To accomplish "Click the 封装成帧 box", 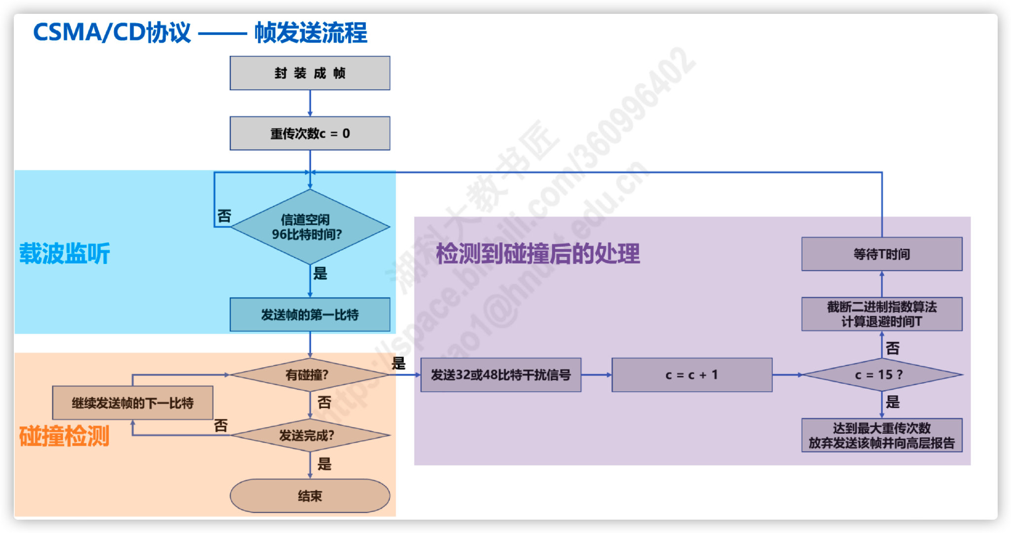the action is pyautogui.click(x=310, y=73).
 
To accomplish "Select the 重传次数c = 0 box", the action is pyautogui.click(x=310, y=133).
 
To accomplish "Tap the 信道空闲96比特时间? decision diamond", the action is pyautogui.click(x=310, y=227).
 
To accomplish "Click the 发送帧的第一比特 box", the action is pyautogui.click(x=310, y=314).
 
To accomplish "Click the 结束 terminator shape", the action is pyautogui.click(x=310, y=495).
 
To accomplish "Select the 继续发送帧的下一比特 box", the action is pyautogui.click(x=133, y=403).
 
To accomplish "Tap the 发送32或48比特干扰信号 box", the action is pyautogui.click(x=501, y=375).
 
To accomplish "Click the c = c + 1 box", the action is pyautogui.click(x=691, y=375).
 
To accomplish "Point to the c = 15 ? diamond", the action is pyautogui.click(x=881, y=375).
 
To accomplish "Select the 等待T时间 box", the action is pyautogui.click(x=881, y=254).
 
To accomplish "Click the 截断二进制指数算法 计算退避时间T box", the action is pyautogui.click(x=881, y=314).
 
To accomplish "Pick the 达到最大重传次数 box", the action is pyautogui.click(x=881, y=435).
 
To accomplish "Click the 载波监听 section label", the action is pyautogui.click(x=65, y=254).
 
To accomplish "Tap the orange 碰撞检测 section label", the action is pyautogui.click(x=64, y=436).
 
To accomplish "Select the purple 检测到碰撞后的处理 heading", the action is pyautogui.click(x=538, y=254).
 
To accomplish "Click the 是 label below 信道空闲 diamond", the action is pyautogui.click(x=320, y=273).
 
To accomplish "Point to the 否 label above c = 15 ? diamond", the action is pyautogui.click(x=892, y=348).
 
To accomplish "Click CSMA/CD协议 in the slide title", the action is pyautogui.click(x=112, y=33).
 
